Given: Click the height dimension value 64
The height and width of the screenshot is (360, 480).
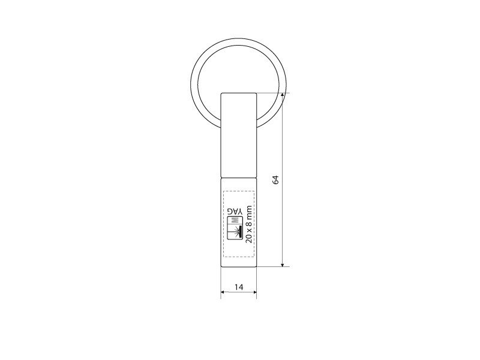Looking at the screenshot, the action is coord(276,179).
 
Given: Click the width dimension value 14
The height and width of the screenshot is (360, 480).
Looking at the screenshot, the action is coord(239,287).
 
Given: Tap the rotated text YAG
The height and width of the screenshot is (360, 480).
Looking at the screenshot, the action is coord(235,211).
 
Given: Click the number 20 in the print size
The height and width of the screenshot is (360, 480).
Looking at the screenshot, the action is coord(249,238).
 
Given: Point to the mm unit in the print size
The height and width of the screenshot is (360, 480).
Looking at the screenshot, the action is coord(249,211).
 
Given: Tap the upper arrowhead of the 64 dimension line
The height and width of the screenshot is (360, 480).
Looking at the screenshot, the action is coord(283,95).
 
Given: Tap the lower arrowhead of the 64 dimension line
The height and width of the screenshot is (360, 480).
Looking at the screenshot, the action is coord(283,264).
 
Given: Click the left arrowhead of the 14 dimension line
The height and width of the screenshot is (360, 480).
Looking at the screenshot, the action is coord(224,292).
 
